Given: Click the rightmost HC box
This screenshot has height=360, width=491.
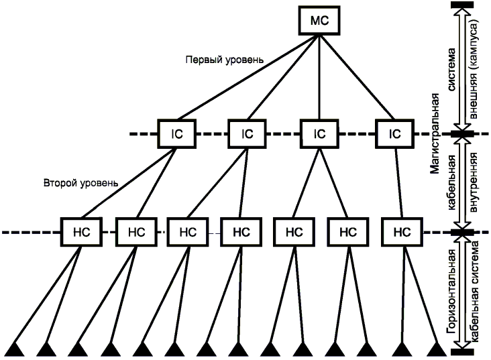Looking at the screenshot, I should [x=401, y=233].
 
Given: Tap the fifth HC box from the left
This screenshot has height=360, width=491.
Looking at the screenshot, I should [x=293, y=233].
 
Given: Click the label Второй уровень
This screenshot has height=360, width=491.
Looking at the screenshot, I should [x=81, y=182].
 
